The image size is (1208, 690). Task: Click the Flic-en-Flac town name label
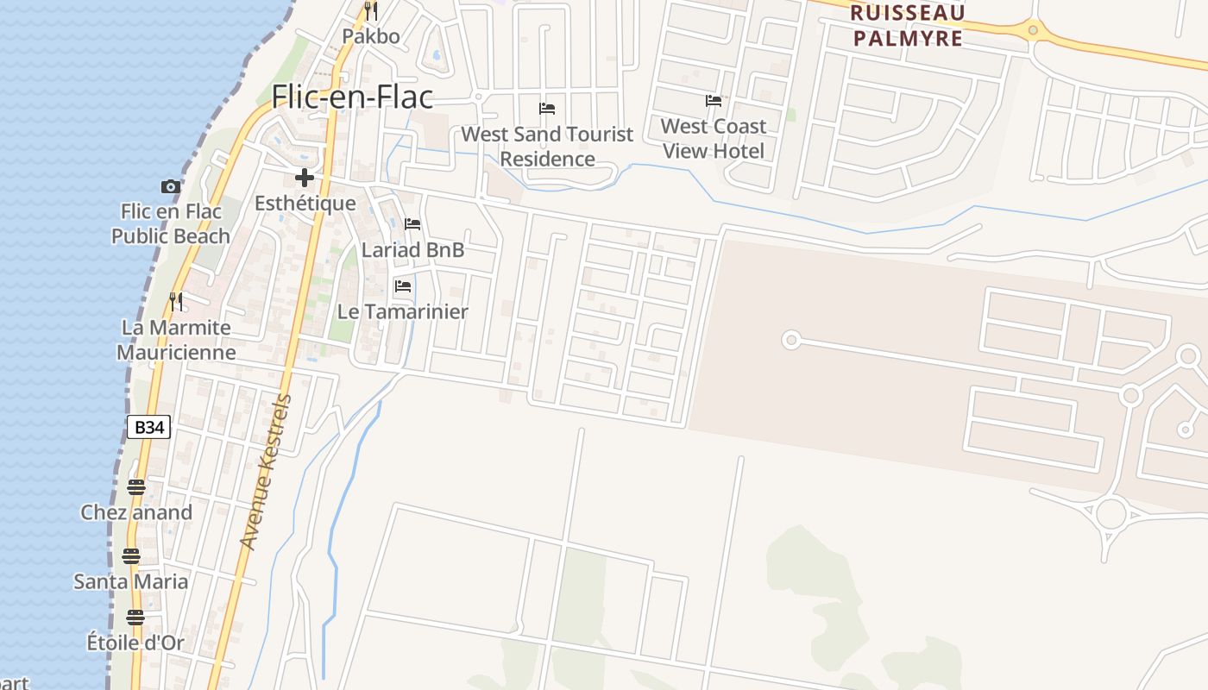(352, 97)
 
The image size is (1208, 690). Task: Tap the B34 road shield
(148, 426)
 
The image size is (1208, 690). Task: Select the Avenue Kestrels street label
(267, 472)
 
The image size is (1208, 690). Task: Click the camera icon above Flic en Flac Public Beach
(171, 186)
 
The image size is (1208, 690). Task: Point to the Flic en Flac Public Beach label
(170, 223)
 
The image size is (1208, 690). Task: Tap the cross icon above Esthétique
(305, 179)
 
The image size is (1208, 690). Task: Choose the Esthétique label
(305, 204)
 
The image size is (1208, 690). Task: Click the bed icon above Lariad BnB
(412, 225)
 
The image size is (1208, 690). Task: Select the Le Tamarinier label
(402, 311)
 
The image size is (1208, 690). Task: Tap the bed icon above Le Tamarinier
(402, 286)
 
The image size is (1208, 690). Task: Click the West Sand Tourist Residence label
(547, 147)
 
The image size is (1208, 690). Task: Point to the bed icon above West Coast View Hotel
(713, 101)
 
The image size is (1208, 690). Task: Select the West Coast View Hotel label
(713, 138)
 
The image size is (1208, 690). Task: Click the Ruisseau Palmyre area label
(907, 26)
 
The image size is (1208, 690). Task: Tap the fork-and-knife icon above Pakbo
(371, 11)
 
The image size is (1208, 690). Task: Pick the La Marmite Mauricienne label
(176, 340)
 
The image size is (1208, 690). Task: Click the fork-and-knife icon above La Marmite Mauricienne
(176, 301)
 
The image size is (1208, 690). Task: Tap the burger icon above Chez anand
(135, 487)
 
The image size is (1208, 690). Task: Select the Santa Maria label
(130, 581)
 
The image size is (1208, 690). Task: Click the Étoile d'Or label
(135, 643)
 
